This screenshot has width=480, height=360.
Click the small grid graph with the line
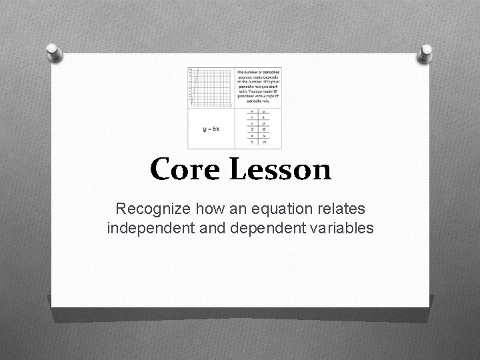(211, 87)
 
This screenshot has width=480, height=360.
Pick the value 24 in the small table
(264, 135)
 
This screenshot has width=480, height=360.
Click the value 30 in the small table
(264, 141)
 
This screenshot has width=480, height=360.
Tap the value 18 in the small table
(264, 129)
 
